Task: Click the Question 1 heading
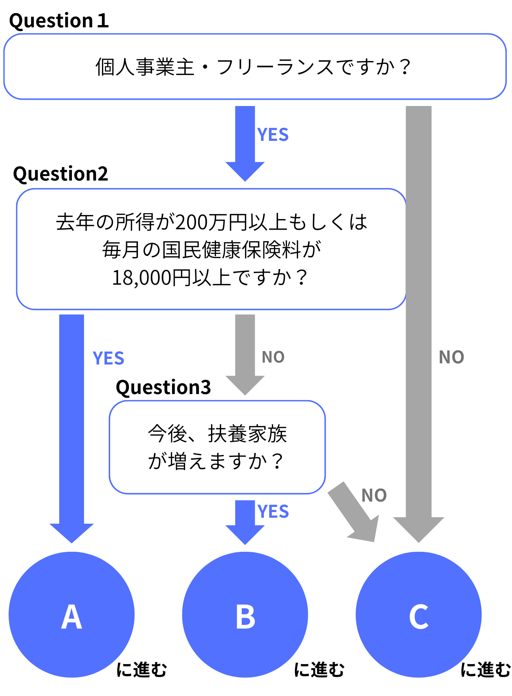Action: pos(59,21)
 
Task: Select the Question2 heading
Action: pos(60,174)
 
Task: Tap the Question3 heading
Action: pos(163,387)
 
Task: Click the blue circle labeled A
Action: pos(72,615)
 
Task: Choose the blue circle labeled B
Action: pos(245,615)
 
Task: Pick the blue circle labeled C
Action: pos(419,615)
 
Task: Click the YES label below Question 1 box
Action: pos(273,135)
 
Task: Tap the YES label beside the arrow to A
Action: pos(108,358)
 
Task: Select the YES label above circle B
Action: pos(273,512)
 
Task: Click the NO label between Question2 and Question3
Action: pos(273,357)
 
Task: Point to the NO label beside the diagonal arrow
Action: pos(374,496)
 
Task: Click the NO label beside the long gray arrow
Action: pos(451,357)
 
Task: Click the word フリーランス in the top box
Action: pos(275,67)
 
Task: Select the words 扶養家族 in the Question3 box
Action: pos(247,434)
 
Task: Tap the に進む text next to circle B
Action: pos(319,670)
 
